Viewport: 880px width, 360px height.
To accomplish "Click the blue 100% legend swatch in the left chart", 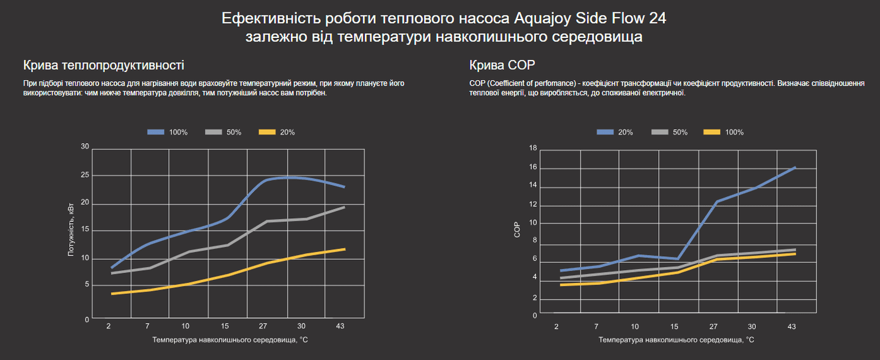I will [x=156, y=132].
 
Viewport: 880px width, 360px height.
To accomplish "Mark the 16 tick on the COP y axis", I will [x=533, y=167].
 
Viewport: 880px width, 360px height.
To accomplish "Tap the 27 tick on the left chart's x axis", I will [x=263, y=326].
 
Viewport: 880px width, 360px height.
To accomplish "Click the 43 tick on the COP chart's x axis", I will [x=791, y=326].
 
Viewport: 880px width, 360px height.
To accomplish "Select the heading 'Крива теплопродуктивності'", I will [x=103, y=65].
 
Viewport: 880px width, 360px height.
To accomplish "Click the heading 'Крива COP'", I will [x=496, y=65].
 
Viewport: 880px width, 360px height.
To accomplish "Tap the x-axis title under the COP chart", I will [x=676, y=339].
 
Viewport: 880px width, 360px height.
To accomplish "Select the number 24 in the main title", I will [x=658, y=18].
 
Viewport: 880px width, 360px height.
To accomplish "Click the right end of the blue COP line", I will [x=795, y=167].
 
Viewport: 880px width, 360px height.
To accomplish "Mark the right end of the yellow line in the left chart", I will [x=345, y=249].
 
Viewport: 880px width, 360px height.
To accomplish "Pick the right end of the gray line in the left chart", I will [x=345, y=207].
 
